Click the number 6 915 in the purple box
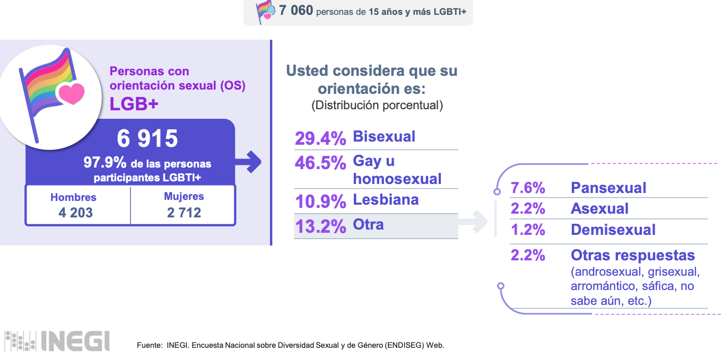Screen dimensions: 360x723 click(147, 139)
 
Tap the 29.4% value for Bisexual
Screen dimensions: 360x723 click(320, 138)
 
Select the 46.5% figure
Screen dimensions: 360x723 click(320, 163)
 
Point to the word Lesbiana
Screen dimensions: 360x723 click(386, 200)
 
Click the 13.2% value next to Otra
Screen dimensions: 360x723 click(320, 226)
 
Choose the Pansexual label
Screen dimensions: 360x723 click(608, 188)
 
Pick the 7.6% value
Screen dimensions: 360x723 click(528, 188)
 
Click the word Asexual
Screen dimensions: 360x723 click(599, 209)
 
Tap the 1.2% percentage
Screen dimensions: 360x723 click(528, 230)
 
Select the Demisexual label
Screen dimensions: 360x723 click(613, 230)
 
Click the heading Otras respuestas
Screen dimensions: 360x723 click(633, 256)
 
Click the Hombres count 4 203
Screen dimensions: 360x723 click(73, 213)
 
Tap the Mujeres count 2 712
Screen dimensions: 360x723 click(184, 213)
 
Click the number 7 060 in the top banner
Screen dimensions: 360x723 click(296, 11)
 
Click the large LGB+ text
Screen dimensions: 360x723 click(134, 104)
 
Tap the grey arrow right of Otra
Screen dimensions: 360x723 click(473, 222)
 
